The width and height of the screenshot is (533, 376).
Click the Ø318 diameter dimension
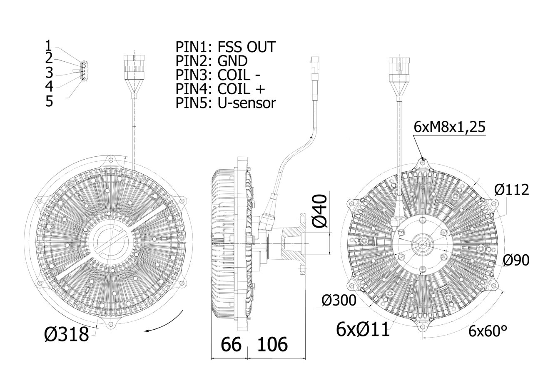[66, 334]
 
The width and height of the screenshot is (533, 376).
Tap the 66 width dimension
[231, 344]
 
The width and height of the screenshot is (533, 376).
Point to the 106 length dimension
[272, 344]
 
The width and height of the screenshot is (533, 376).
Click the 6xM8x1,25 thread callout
[449, 127]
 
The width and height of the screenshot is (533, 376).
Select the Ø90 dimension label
[516, 260]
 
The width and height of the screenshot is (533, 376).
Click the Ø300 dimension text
[339, 300]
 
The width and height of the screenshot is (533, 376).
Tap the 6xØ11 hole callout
[363, 329]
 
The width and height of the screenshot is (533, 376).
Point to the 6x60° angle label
[488, 331]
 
